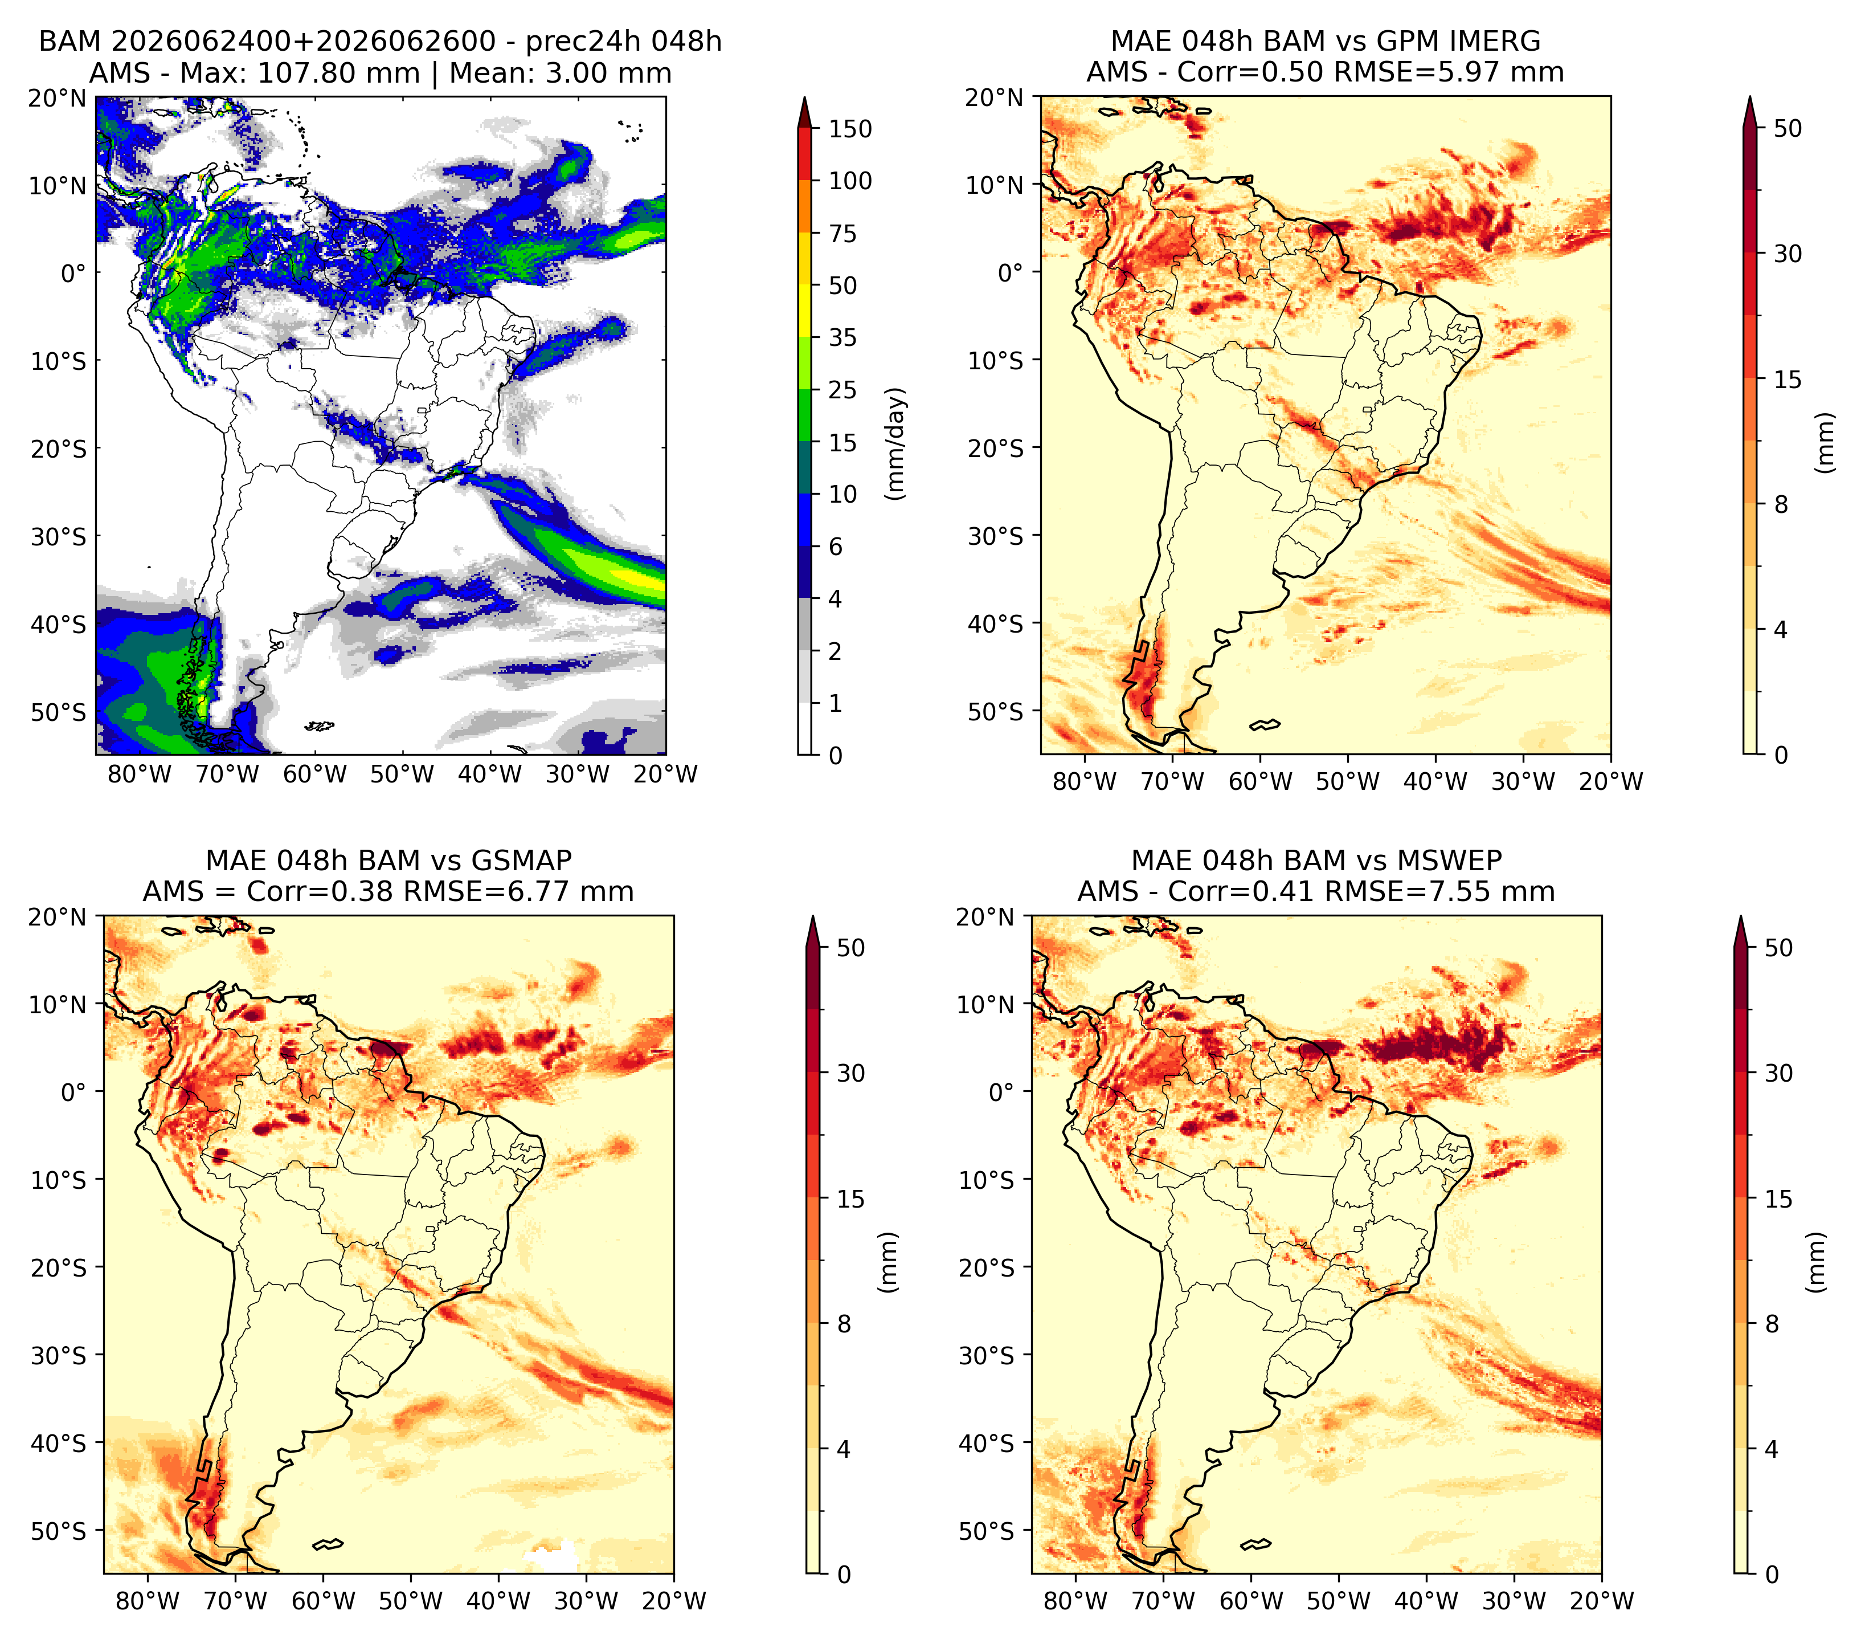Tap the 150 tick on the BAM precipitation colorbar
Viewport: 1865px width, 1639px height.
pyautogui.click(x=849, y=129)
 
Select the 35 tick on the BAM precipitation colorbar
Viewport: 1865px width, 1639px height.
pyautogui.click(x=842, y=337)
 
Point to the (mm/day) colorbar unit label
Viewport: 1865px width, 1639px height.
pyautogui.click(x=897, y=443)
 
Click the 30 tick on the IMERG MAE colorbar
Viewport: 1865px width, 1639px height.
pyautogui.click(x=1788, y=254)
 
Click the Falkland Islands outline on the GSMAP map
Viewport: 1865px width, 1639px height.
pyautogui.click(x=328, y=1544)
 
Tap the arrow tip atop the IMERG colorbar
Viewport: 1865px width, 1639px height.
pyautogui.click(x=1749, y=97)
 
